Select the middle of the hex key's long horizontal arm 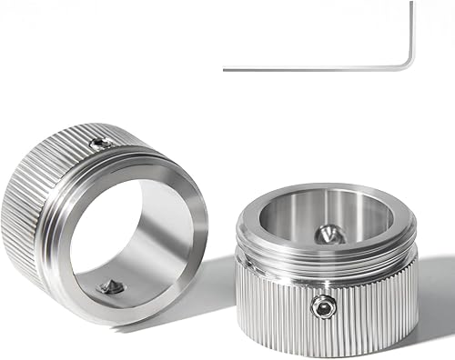click(314, 68)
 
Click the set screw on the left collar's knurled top click(102, 143)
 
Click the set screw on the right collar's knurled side click(321, 307)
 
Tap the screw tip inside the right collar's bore click(329, 235)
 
